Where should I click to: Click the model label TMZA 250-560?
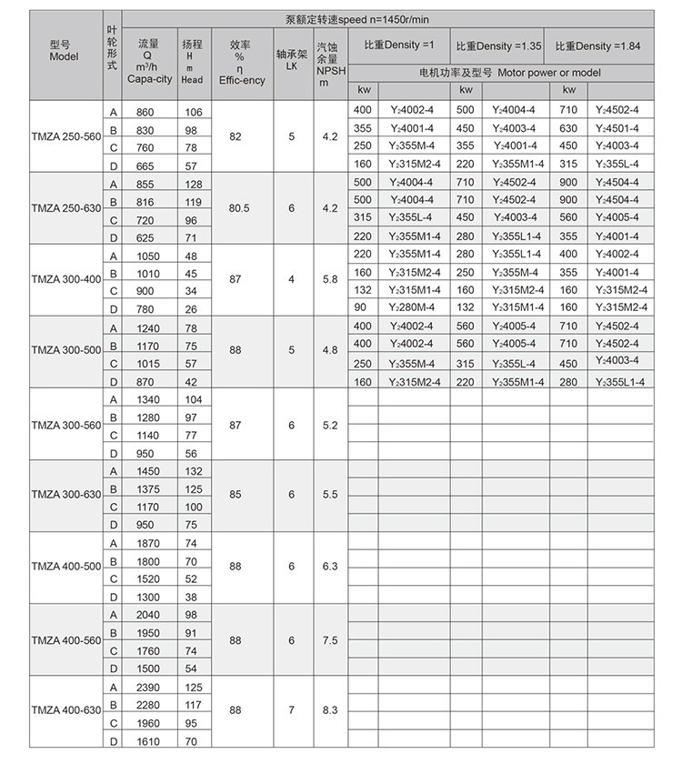tap(65, 137)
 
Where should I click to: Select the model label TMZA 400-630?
tap(65, 709)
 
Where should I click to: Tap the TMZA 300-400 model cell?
tap(65, 280)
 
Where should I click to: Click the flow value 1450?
tap(146, 471)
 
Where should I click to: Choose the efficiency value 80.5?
tap(239, 208)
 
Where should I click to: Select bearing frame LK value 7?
tap(291, 709)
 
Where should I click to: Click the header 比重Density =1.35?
tap(498, 45)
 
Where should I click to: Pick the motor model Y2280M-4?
tap(415, 307)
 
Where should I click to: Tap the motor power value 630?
tap(568, 128)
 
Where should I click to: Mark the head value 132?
tap(192, 471)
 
